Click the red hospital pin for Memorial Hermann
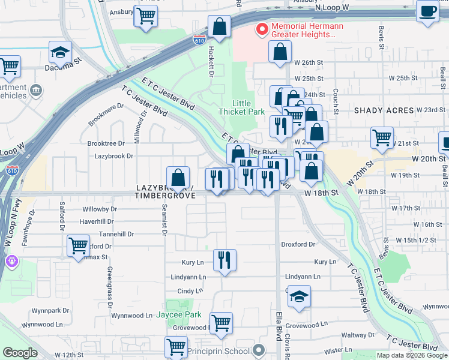pyautogui.click(x=262, y=28)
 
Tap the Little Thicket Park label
pyautogui.click(x=241, y=107)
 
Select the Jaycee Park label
pyautogui.click(x=178, y=314)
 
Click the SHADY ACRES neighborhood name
pyautogui.click(x=384, y=110)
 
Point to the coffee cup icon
pyautogui.click(x=429, y=12)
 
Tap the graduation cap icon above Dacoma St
pyautogui.click(x=60, y=53)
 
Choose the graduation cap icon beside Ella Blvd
pyautogui.click(x=299, y=297)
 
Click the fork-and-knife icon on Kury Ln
pyautogui.click(x=224, y=260)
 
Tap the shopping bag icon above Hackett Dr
pyautogui.click(x=220, y=27)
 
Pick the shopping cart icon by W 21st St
pyautogui.click(x=382, y=137)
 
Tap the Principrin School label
pyautogui.click(x=218, y=350)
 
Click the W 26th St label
pyautogui.click(x=308, y=62)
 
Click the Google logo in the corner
pyautogui.click(x=20, y=353)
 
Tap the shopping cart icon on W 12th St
pyautogui.click(x=176, y=346)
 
